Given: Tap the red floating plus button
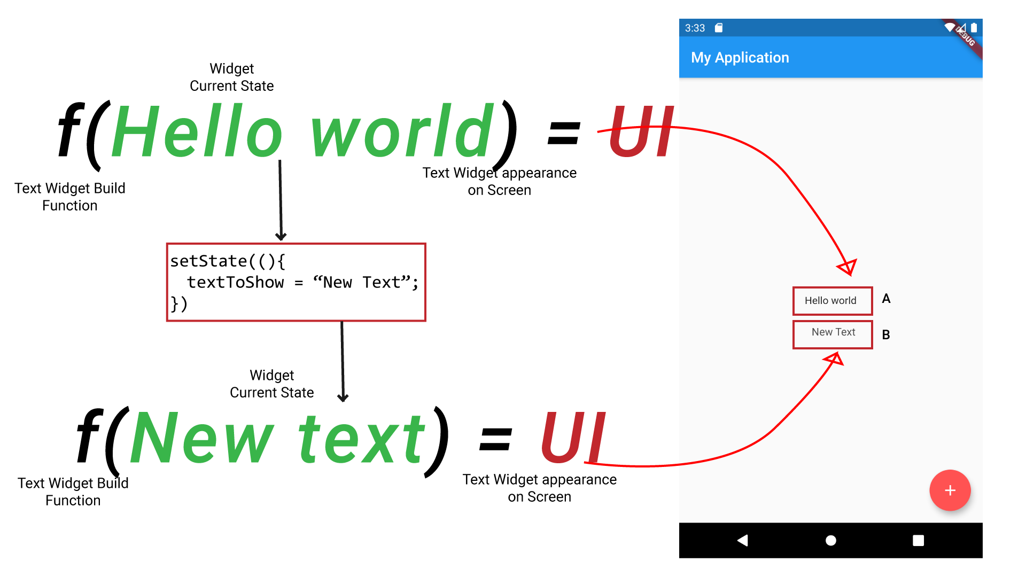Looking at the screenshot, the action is click(950, 490).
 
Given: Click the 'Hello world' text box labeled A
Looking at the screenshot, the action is click(832, 301).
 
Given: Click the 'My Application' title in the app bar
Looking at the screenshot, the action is click(740, 58).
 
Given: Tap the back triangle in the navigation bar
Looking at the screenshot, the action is click(742, 541).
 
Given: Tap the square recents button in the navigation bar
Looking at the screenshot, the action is click(918, 541).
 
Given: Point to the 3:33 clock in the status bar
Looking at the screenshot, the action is click(695, 28).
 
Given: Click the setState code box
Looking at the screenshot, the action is click(296, 282).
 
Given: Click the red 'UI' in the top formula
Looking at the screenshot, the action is click(641, 131).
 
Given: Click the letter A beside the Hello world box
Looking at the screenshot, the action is click(886, 299).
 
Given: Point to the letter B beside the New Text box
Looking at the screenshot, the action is click(886, 335).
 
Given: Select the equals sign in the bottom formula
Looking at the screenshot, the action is click(495, 440).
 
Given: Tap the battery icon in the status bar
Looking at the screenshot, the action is click(974, 28).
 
